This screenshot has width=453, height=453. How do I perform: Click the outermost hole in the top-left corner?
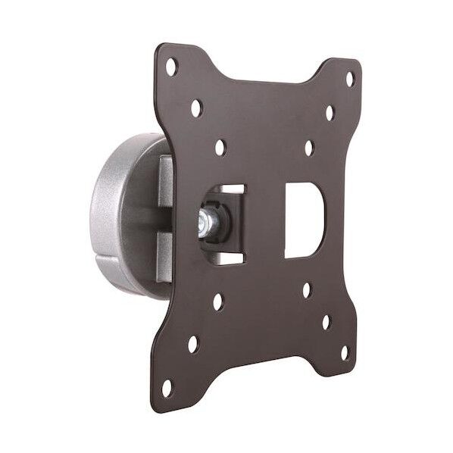pos(171,67)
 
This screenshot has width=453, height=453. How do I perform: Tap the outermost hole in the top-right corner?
pos(349,77)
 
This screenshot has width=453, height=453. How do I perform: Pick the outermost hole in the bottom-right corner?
pos(344,354)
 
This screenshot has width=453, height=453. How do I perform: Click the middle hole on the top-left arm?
pos(196,108)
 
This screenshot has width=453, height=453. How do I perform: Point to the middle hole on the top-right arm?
pos(330,113)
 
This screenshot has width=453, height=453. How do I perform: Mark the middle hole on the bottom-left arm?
pos(193,344)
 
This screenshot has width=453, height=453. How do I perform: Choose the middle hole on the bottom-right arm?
pos(326,322)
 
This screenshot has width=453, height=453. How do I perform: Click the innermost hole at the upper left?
pos(220,147)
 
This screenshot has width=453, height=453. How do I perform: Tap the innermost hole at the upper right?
pos(309,148)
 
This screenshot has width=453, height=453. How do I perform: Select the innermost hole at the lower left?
pos(217,302)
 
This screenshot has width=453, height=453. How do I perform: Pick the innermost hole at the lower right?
pos(307,290)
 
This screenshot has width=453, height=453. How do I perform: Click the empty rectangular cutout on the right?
pos(305,219)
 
